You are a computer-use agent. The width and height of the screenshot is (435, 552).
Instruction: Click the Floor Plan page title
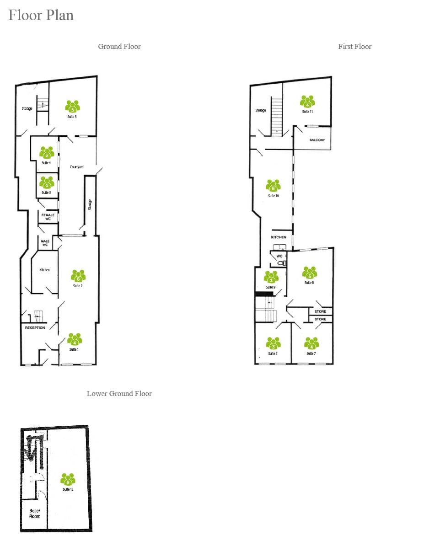41,16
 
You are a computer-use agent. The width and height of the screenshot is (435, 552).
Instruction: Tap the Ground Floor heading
119,47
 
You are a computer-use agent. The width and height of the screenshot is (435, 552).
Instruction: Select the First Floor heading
354,47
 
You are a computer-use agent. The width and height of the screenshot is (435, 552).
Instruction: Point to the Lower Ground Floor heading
119,394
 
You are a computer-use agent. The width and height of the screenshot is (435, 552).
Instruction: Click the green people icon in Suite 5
72,107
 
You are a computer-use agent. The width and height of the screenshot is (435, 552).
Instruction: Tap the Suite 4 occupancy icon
47,152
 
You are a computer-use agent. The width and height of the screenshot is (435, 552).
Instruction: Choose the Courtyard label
77,167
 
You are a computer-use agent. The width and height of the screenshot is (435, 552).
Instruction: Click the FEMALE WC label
48,217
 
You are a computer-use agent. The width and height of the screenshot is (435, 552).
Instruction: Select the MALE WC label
45,243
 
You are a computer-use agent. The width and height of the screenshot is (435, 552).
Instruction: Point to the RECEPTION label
35,328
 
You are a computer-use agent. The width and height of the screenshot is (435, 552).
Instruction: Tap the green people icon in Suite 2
78,276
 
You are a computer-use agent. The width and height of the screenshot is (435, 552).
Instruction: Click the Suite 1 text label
74,350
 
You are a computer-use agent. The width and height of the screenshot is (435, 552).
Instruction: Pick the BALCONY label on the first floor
317,140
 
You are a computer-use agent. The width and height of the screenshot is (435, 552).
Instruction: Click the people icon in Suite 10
273,185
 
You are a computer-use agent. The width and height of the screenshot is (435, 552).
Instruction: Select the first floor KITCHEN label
279,237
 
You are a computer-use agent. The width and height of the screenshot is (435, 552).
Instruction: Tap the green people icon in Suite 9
271,277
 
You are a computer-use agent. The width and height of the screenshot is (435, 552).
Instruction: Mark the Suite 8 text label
309,283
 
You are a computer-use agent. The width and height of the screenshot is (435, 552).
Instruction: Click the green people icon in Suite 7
311,343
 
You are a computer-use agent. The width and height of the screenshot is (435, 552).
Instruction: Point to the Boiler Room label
35,514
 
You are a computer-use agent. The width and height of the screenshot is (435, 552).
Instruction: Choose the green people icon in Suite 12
68,479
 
